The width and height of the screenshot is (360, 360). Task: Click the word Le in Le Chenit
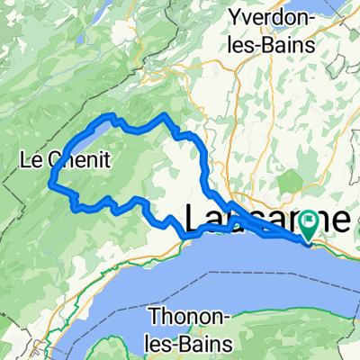31,160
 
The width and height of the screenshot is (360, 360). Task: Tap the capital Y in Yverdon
237,16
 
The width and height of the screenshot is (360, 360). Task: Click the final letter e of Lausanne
340,219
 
